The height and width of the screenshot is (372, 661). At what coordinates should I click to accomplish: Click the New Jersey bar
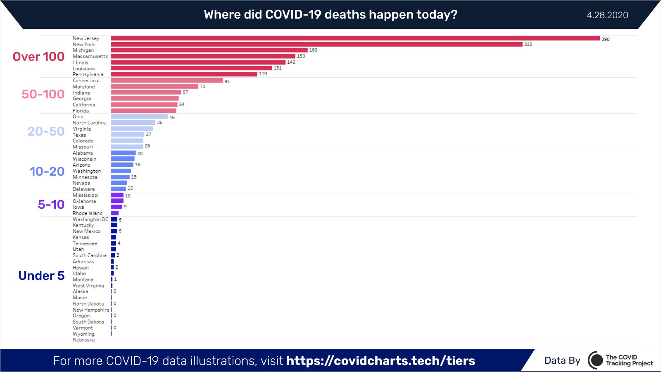click(x=355, y=38)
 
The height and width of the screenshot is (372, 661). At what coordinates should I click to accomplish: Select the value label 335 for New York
click(x=528, y=44)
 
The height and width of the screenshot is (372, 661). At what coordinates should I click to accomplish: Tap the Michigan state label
click(x=83, y=50)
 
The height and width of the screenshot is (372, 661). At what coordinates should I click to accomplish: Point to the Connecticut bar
click(x=167, y=81)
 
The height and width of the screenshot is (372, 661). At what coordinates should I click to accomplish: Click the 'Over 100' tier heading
click(x=38, y=57)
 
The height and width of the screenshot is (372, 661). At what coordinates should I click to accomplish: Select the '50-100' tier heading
click(x=43, y=94)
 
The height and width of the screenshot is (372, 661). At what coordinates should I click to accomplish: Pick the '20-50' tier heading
click(x=46, y=131)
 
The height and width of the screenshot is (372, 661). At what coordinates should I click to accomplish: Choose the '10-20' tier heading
click(x=47, y=172)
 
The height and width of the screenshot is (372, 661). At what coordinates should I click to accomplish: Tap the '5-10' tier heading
click(x=51, y=205)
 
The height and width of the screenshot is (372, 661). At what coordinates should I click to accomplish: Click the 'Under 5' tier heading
click(x=41, y=276)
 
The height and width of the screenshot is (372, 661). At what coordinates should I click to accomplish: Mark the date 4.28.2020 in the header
click(x=607, y=15)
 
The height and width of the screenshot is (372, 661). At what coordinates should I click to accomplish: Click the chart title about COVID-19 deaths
click(x=330, y=15)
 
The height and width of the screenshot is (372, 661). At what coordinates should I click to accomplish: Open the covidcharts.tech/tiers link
click(x=380, y=361)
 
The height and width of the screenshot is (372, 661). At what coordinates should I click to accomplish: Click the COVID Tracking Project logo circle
click(x=596, y=360)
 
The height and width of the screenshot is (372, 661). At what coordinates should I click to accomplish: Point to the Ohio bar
click(x=139, y=117)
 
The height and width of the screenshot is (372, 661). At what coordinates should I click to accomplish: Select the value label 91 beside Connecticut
click(x=227, y=81)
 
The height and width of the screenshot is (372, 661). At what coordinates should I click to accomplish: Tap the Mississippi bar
click(x=117, y=195)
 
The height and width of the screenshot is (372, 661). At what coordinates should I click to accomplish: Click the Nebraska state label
click(x=83, y=340)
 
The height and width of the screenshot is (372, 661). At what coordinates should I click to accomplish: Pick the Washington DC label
click(x=90, y=219)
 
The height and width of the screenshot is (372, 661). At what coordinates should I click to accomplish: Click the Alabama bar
click(x=123, y=153)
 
